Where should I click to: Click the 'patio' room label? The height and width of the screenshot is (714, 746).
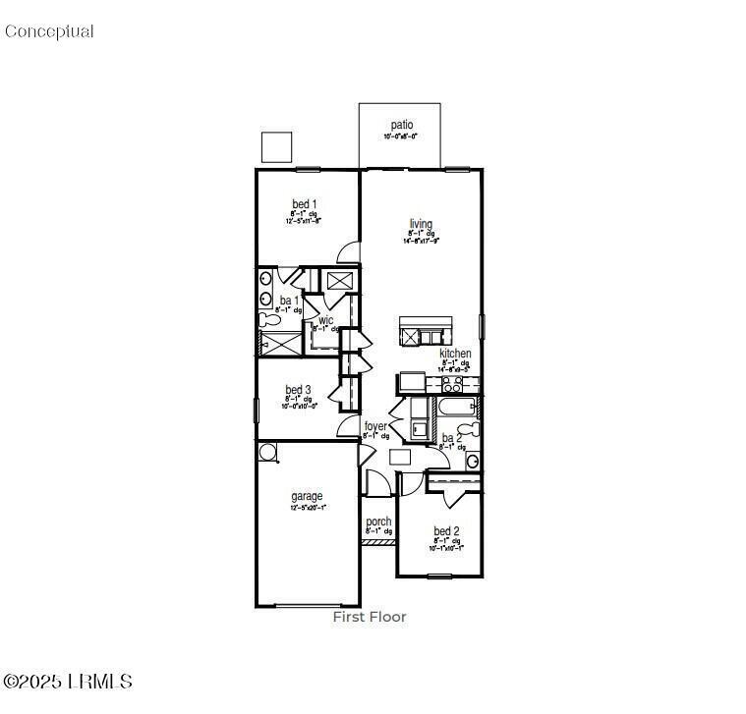401,125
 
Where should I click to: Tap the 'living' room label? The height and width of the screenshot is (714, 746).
421,224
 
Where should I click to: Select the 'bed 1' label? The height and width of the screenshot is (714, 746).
304,204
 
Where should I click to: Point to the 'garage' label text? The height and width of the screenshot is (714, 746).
307,496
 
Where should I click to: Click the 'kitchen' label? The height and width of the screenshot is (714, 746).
454,353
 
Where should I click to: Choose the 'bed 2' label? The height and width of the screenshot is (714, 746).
446,531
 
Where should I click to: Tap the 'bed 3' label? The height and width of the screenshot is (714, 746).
299,390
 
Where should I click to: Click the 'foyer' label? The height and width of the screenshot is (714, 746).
375,426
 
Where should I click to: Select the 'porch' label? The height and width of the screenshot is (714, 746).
378,522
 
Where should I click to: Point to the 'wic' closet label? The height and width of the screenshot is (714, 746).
325,320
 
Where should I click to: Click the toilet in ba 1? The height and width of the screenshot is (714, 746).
265,318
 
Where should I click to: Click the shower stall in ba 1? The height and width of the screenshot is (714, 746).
277,343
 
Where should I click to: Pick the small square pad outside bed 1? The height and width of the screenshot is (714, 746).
277,146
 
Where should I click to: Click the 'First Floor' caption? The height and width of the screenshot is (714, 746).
369,617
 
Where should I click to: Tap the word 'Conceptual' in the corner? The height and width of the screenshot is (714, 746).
49,31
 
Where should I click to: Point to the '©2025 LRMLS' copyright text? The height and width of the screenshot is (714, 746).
68,681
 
